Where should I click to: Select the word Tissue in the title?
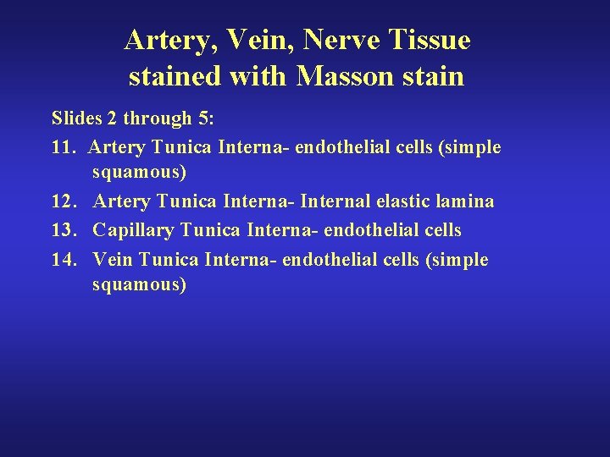pyautogui.click(x=431, y=40)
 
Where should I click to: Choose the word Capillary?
pyautogui.click(x=133, y=230)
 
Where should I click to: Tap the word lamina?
pyautogui.click(x=469, y=201)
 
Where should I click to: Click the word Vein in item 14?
pyautogui.click(x=113, y=259)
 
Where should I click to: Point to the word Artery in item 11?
pyautogui.click(x=117, y=147)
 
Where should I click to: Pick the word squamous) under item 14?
pyautogui.click(x=139, y=284)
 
